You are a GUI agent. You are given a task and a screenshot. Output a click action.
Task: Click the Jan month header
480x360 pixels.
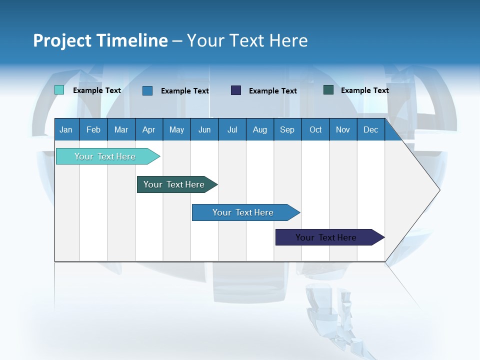66,129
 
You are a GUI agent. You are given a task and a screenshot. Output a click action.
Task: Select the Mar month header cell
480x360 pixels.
121,129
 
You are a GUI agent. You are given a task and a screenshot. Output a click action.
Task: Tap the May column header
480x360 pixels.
176,129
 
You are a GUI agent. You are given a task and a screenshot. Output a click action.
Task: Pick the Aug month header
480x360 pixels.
259,129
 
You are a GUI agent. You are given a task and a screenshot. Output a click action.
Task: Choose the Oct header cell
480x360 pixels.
315,129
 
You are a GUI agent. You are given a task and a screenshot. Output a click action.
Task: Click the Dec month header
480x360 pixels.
370,129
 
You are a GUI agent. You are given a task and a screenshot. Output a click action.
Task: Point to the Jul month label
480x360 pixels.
232,129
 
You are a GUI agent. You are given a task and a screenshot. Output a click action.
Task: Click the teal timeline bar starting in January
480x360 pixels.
105,156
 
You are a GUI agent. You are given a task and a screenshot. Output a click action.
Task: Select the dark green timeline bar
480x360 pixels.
174,184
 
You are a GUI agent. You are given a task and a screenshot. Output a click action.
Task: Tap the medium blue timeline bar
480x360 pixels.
243,212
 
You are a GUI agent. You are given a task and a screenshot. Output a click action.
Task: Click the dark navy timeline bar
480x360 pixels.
326,237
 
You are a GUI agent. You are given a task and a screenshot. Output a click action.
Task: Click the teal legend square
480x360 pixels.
59,90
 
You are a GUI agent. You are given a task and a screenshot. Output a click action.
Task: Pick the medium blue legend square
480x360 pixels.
147,90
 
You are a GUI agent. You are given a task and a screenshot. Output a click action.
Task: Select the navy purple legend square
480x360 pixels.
236,90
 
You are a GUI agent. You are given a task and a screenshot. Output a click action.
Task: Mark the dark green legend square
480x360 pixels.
328,90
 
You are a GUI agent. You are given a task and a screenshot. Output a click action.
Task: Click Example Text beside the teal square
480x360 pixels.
97,90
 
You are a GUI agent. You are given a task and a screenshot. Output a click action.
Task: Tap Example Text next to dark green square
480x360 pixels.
365,90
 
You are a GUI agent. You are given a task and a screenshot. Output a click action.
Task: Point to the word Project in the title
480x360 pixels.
59,40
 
